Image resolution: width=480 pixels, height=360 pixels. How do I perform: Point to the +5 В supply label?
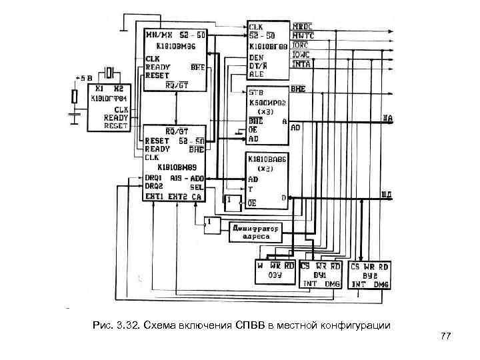click(83, 77)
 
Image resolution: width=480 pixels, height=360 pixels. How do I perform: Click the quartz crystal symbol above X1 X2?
click(111, 71)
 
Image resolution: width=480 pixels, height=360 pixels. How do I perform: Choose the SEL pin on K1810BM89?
click(197, 187)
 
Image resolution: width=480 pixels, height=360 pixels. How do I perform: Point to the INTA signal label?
click(301, 65)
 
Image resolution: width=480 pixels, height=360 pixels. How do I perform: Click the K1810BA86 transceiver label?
click(267, 160)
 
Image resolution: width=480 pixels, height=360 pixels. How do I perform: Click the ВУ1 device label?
click(321, 275)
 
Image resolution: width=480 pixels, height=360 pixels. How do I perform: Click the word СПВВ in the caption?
click(251, 325)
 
